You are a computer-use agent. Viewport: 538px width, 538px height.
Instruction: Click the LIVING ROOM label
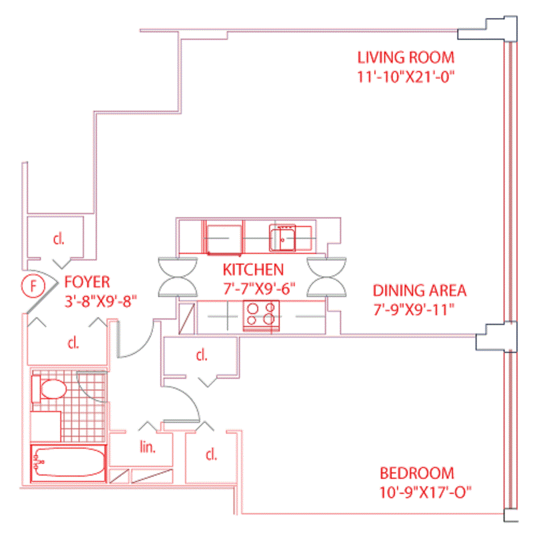click(x=406, y=57)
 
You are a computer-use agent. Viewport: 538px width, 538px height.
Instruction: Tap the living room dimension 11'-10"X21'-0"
click(x=406, y=76)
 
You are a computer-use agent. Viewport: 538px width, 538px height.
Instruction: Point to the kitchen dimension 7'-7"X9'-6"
click(x=260, y=288)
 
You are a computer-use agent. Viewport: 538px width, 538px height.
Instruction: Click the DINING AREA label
click(x=420, y=291)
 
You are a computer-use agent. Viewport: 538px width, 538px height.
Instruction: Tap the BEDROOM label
click(x=417, y=473)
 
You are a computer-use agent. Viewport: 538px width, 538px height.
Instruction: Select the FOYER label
click(x=87, y=281)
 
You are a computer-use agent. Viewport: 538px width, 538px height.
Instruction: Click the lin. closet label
click(x=147, y=448)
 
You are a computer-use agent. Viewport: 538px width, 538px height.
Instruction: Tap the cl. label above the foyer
click(x=58, y=239)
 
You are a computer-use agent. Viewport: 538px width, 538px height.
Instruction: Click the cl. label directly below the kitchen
click(x=202, y=356)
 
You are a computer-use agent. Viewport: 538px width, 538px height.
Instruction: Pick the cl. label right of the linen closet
click(x=211, y=455)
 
